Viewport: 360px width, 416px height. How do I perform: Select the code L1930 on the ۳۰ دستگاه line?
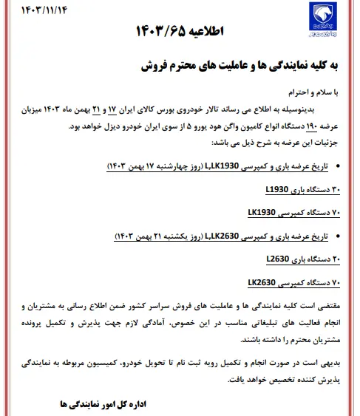pos(278,188)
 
